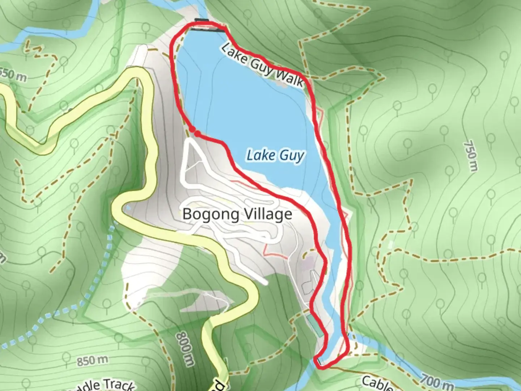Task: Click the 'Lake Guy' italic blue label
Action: pyautogui.click(x=275, y=156)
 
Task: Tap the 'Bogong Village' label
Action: pyautogui.click(x=237, y=214)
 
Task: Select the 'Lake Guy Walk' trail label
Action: pyautogui.click(x=262, y=66)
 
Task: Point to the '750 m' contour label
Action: pyautogui.click(x=470, y=156)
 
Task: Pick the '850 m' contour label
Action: pyautogui.click(x=92, y=361)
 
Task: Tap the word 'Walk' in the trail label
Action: pyautogui.click(x=288, y=77)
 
